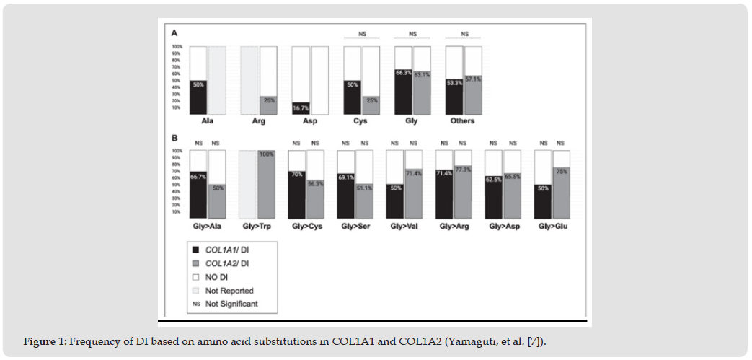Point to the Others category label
pos(463,121)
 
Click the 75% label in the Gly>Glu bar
pos(561,172)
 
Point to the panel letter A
pos(174,33)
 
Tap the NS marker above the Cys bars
pos(361,34)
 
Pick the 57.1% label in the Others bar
pos(474,79)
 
